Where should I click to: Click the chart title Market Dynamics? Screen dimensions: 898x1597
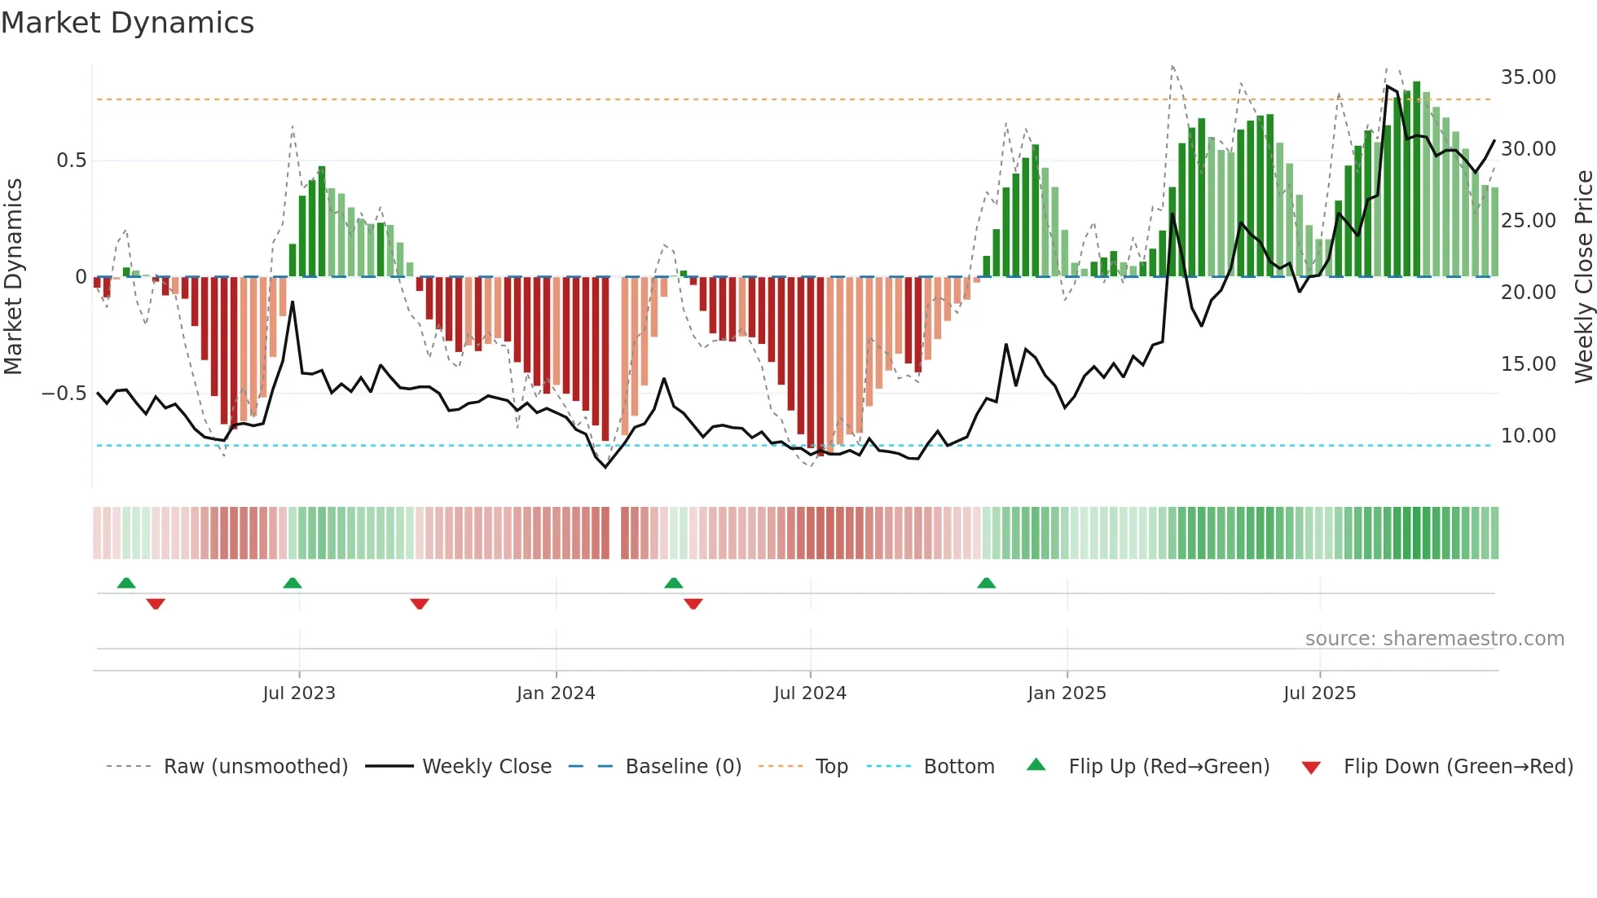[127, 23]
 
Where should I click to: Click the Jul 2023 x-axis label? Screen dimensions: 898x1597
[299, 693]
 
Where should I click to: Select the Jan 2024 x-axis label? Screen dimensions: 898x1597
[556, 693]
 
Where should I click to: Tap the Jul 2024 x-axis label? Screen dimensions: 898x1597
[810, 693]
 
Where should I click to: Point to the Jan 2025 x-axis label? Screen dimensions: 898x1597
[1067, 693]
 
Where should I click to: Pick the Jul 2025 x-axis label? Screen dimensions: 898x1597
[1319, 693]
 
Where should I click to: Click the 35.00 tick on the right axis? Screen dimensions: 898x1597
[1528, 77]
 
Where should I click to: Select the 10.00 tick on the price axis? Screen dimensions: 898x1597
[1528, 436]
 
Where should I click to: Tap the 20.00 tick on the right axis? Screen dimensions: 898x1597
[1528, 293]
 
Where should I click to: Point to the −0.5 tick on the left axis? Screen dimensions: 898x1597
[64, 394]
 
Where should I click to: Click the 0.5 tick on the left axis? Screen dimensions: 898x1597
[71, 161]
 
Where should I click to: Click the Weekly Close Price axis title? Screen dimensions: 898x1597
[1583, 277]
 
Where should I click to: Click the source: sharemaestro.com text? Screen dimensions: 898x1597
[1434, 639]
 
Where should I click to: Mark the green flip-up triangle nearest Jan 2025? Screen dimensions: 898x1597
[986, 583]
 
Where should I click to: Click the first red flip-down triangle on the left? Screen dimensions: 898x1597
[156, 603]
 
